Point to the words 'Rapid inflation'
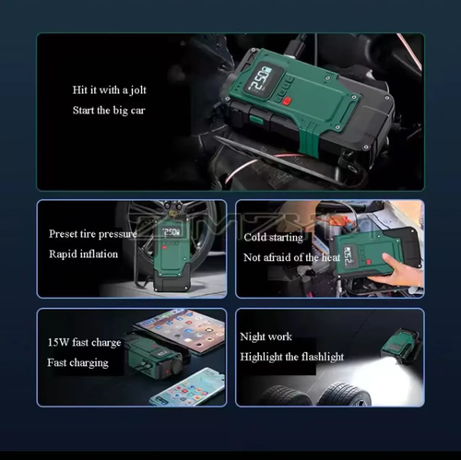tap(84, 254)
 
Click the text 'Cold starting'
tap(273, 237)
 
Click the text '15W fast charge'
tap(84, 343)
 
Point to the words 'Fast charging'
tap(77, 362)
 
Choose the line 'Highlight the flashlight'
tap(291, 357)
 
